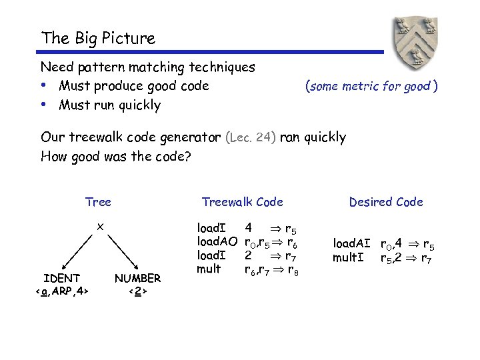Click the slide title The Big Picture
coord(98,38)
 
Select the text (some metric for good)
coord(371,86)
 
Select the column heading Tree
coord(98,202)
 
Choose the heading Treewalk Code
coord(242,202)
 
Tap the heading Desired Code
coord(386,202)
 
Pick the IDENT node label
coord(62,278)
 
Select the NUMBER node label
coord(137,278)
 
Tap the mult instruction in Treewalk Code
coord(209,269)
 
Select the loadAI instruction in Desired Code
coord(351,244)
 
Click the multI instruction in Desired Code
coord(348,257)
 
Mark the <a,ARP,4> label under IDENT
coord(62,291)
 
